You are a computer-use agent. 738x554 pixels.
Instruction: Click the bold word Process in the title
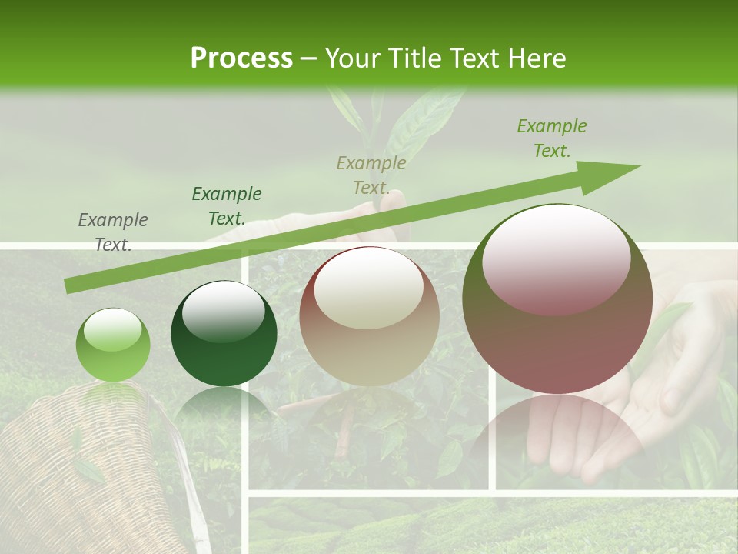(x=241, y=58)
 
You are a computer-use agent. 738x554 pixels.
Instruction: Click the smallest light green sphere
(x=113, y=345)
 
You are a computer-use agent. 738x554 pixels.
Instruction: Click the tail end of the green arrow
(x=71, y=285)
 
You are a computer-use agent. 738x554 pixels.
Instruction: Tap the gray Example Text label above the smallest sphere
(x=113, y=232)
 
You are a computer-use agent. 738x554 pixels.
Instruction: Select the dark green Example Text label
(x=227, y=205)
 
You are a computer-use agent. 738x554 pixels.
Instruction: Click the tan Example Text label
(x=371, y=175)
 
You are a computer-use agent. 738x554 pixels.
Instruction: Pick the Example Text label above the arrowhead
(x=552, y=138)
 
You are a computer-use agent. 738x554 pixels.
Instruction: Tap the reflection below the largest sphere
(x=557, y=439)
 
